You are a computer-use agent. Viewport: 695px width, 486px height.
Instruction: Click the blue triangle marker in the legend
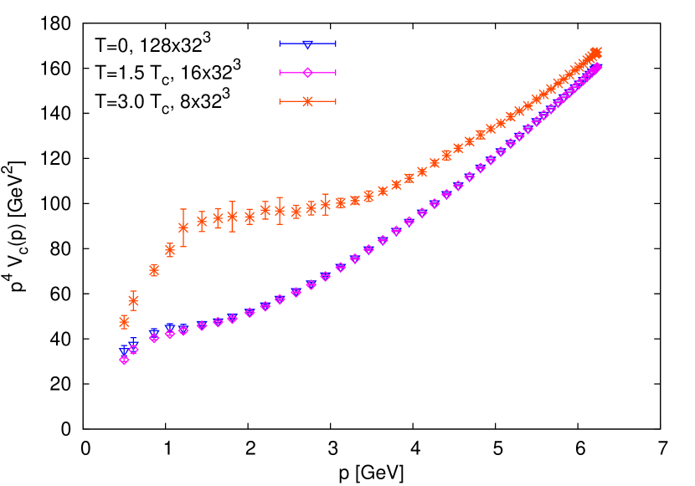point(307,43)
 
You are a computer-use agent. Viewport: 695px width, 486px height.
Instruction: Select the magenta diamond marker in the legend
point(307,73)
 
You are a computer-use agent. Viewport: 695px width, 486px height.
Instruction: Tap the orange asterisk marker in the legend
point(307,101)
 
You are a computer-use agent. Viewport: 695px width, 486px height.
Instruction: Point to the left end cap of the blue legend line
point(280,43)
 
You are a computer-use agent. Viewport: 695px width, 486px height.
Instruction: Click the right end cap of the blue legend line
point(336,43)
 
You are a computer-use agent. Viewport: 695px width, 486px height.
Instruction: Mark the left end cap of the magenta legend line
point(280,73)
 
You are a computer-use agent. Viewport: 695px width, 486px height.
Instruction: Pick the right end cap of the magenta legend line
point(336,73)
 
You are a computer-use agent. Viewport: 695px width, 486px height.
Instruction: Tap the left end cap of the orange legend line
point(280,101)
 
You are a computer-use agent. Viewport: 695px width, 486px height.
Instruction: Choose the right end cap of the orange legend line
point(336,101)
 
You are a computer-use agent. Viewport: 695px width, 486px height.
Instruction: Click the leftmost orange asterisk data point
point(124,322)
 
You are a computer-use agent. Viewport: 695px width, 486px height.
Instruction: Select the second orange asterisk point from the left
point(133,300)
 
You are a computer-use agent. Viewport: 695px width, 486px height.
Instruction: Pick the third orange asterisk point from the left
point(154,270)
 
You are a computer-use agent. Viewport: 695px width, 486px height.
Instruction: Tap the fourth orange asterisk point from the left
point(170,250)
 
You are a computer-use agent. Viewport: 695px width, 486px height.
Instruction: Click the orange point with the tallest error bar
point(183,228)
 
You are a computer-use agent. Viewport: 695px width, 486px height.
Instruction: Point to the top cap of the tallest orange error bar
point(183,209)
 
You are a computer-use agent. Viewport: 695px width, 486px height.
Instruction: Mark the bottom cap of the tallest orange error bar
point(183,246)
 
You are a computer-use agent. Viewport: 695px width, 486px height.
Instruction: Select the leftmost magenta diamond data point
point(124,360)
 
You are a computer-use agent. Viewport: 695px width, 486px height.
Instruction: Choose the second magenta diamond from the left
point(133,349)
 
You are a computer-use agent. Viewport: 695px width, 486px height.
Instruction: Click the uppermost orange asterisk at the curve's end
point(597,53)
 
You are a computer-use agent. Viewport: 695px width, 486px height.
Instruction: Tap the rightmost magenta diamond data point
point(597,66)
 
